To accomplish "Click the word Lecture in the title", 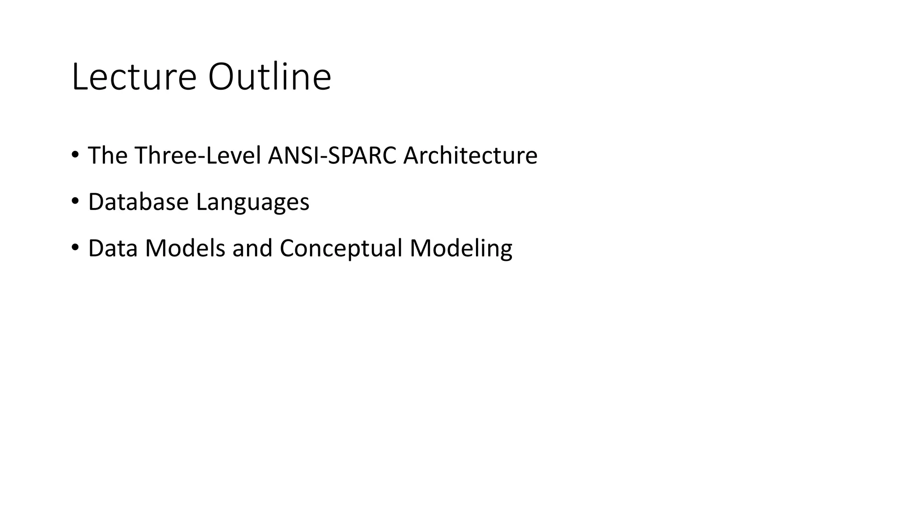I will [x=134, y=77].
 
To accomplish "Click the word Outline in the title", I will [x=270, y=77].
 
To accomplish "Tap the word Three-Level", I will [x=198, y=155].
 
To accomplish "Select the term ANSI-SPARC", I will [x=332, y=155].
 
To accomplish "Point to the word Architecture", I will [x=470, y=155].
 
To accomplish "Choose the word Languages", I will [x=253, y=203].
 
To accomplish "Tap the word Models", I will [x=185, y=248].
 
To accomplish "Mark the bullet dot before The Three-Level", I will [x=75, y=155].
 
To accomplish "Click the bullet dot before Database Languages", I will [x=75, y=201].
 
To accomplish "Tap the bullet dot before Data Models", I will [x=75, y=247].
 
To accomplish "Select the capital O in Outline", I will [x=222, y=77].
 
